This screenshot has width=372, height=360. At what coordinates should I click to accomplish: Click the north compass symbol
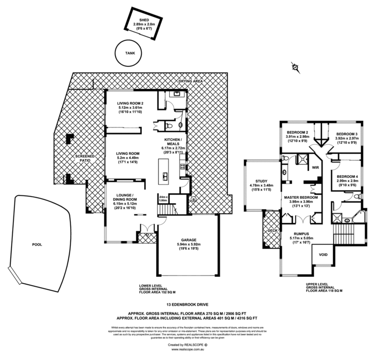(295, 67)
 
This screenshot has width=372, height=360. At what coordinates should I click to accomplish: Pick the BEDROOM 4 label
(347, 176)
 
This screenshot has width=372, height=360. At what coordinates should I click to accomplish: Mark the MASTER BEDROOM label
(301, 197)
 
